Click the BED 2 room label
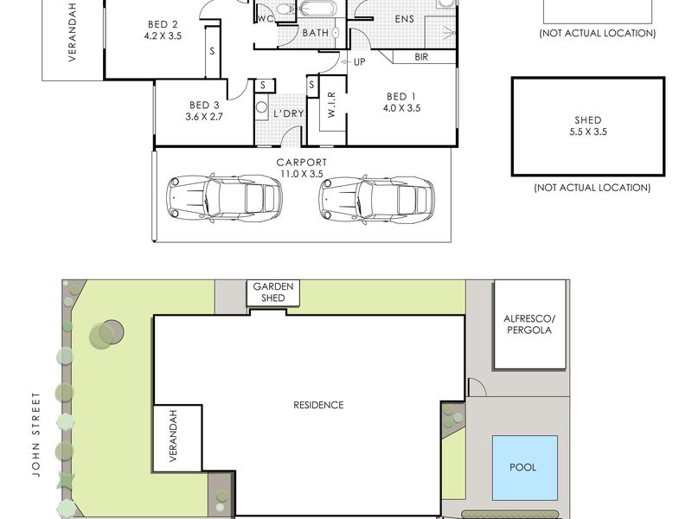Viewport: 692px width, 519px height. pyautogui.click(x=163, y=30)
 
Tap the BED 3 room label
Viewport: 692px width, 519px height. pyautogui.click(x=204, y=111)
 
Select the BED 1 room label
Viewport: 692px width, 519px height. pyautogui.click(x=401, y=102)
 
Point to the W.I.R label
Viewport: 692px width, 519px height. pyautogui.click(x=332, y=105)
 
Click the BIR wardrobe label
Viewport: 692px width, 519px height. pyautogui.click(x=421, y=57)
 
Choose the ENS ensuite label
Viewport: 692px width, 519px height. pyautogui.click(x=404, y=19)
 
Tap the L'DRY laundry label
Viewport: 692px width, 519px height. pyautogui.click(x=289, y=113)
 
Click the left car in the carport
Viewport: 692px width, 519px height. pyautogui.click(x=224, y=197)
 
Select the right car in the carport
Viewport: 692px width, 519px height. pyautogui.click(x=377, y=199)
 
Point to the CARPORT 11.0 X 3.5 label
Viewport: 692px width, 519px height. pyautogui.click(x=302, y=168)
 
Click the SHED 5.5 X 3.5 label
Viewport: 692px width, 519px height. pyautogui.click(x=588, y=125)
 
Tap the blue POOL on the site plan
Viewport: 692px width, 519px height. pyautogui.click(x=525, y=467)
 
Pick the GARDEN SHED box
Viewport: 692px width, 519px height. pyautogui.click(x=273, y=292)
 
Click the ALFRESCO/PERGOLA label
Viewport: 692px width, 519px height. pyautogui.click(x=529, y=324)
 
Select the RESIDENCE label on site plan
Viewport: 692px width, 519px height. pyautogui.click(x=318, y=405)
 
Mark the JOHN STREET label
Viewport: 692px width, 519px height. pyautogui.click(x=36, y=434)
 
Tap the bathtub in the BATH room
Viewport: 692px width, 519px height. pyautogui.click(x=318, y=9)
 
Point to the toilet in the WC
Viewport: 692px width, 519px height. pyautogui.click(x=285, y=8)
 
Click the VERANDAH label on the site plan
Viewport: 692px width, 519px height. pyautogui.click(x=173, y=436)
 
